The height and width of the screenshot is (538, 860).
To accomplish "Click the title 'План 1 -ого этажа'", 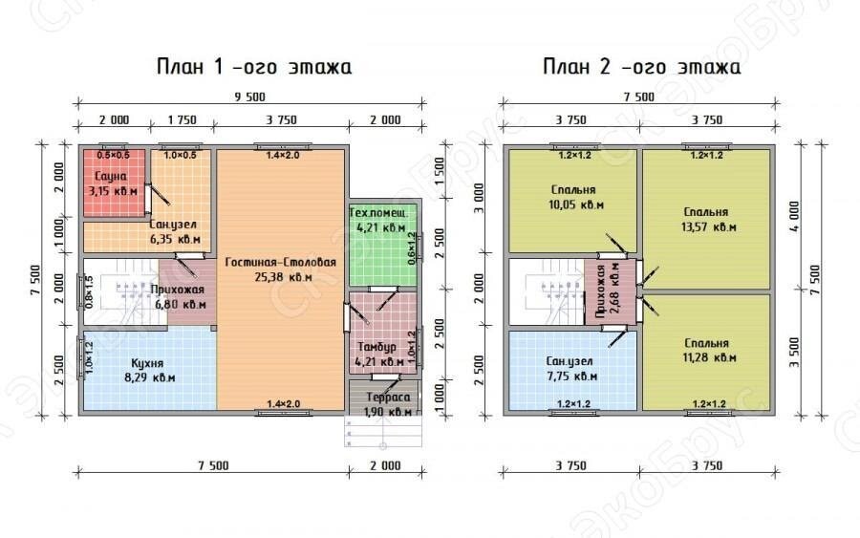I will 254,67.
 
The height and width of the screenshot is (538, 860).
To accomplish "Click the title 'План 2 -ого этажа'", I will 641,67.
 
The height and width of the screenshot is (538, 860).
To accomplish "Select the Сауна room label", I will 109,176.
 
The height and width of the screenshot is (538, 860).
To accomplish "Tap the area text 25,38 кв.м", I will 282,277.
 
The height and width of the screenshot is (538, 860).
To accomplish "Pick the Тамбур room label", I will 374,346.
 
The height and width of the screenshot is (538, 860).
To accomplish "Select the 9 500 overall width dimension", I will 250,97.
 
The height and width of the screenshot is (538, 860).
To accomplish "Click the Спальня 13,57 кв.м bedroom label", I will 706,212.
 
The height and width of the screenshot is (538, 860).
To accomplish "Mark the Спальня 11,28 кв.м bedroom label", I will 706,343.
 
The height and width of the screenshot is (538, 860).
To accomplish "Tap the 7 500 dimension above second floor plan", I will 638,97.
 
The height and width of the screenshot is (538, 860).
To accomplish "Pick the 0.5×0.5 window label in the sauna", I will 113,155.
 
